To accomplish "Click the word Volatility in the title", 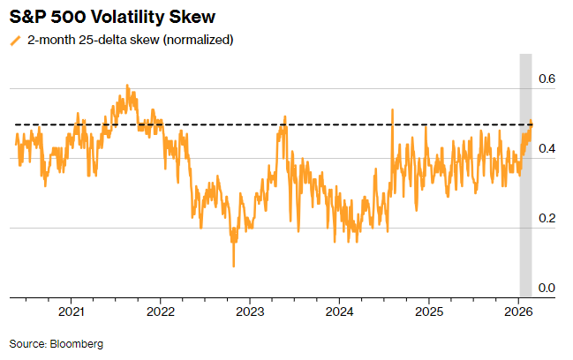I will tap(128, 17).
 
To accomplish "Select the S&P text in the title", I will tap(29, 17).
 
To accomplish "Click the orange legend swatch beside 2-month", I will tap(14, 41).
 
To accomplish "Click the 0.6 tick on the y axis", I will tap(547, 79).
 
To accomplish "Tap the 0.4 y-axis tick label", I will tap(547, 148).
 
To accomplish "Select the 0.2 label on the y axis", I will tap(547, 218).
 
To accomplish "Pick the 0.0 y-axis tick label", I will tap(547, 288).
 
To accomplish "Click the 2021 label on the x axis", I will tap(72, 312).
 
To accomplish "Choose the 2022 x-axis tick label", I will tap(161, 312).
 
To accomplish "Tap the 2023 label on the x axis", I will tap(250, 312).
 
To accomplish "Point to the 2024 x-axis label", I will tap(339, 312).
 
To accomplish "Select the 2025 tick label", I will tap(428, 312).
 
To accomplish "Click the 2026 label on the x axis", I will tap(517, 312).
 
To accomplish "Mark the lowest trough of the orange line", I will tap(234, 266).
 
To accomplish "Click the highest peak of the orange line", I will tap(127, 86).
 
